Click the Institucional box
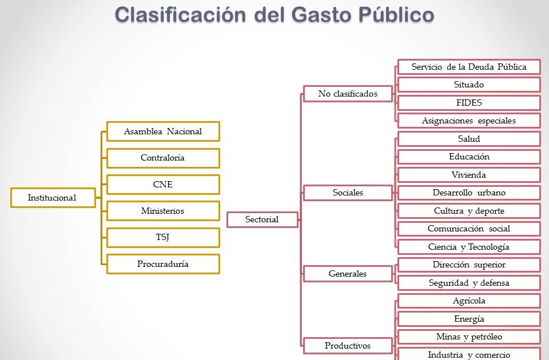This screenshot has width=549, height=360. coord(53,198)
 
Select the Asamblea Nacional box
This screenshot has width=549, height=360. coord(163,131)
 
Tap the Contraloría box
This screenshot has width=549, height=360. coord(163,158)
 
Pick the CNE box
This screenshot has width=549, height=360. coord(163,185)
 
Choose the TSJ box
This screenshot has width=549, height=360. coord(163,237)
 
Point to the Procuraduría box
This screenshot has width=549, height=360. coord(163,264)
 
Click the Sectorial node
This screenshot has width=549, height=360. coord(262,219)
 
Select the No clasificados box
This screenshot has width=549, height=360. coord(348,94)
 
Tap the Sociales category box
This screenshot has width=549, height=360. coord(348,193)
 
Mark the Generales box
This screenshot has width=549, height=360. coord(348,274)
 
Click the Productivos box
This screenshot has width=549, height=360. coord(348,345)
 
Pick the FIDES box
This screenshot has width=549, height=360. coord(469,103)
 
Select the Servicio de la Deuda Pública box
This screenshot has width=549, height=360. coord(469,67)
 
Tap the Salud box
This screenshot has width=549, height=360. coord(469,139)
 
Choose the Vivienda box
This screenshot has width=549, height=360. coord(469,175)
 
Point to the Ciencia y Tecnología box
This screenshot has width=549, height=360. coord(469,247)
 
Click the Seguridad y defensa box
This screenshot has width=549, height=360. coord(469,283)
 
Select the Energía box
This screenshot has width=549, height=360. coord(469,319)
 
